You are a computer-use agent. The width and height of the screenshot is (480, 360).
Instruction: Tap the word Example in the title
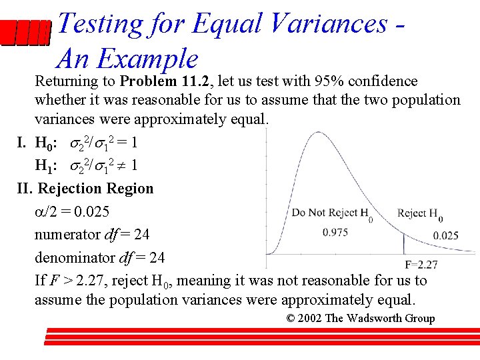click(147, 59)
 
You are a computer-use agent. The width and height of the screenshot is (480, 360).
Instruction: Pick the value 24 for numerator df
click(141, 234)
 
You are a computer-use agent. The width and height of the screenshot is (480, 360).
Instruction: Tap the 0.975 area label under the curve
click(334, 233)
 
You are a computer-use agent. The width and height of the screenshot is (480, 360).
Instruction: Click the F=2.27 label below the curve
click(421, 265)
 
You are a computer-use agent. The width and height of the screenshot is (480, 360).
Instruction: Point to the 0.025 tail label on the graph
click(445, 235)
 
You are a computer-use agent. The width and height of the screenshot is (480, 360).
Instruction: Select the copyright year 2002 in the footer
click(310, 318)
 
